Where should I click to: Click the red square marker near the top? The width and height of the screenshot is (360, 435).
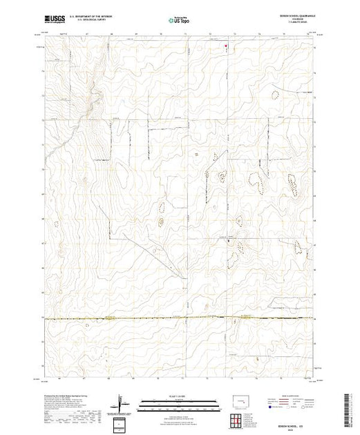(226, 47)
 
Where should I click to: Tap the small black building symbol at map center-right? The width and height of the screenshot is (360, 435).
(229, 241)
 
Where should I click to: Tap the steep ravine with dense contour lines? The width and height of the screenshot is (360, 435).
(88, 110)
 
